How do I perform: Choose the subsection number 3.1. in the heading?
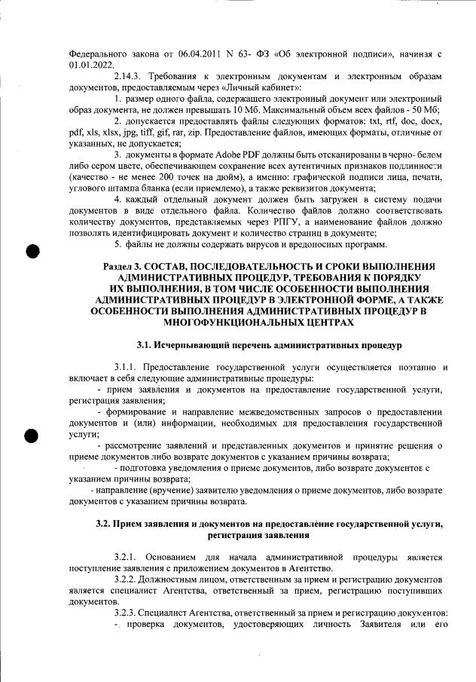point(145,346)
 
